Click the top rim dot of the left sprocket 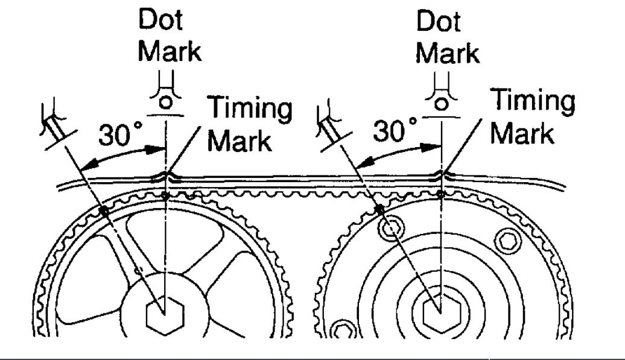[165, 195]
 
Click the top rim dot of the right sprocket [442, 194]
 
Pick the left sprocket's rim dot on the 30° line [104, 210]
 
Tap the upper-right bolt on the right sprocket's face [505, 240]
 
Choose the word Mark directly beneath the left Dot [170, 52]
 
